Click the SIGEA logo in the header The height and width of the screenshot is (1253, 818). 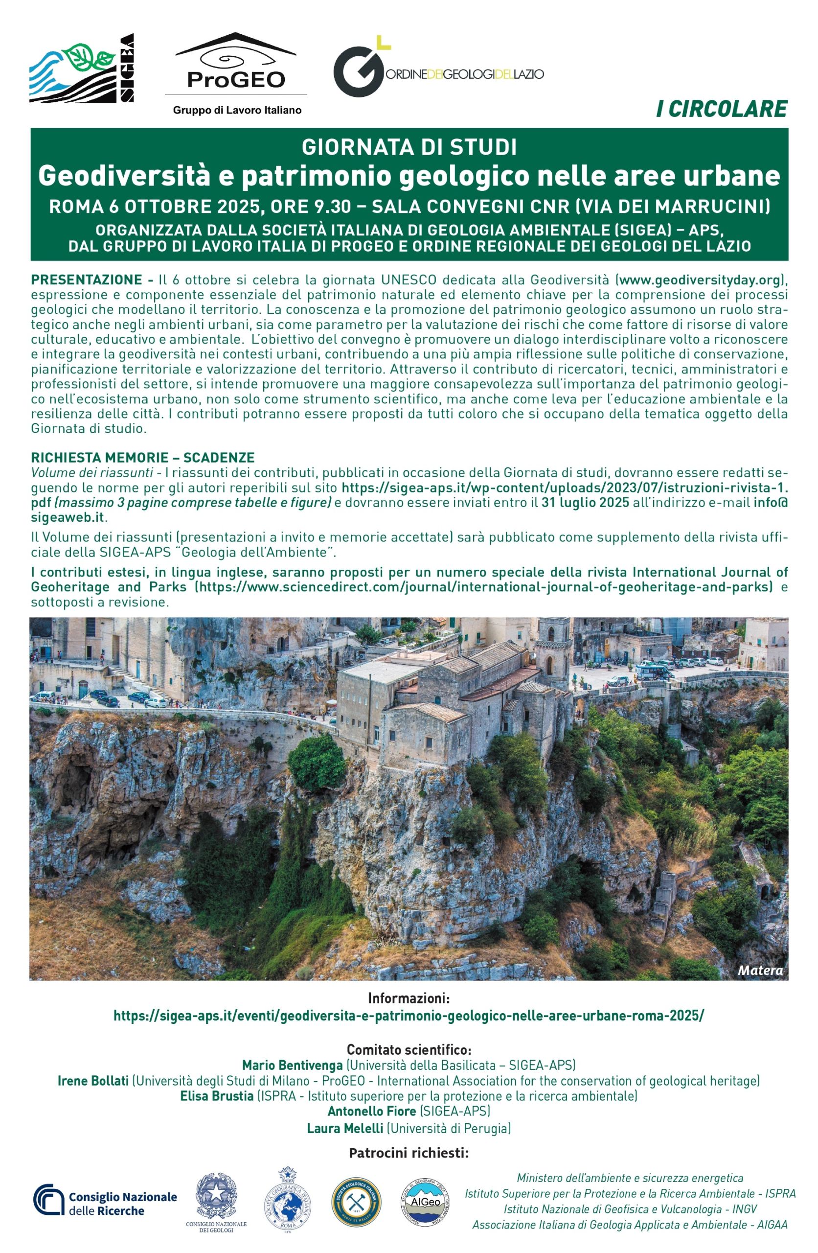coord(82,68)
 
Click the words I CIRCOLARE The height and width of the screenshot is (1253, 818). coord(721,109)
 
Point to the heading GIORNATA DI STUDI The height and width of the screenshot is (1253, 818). coord(409,147)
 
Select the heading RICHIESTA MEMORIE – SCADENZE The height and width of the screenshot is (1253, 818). coord(143,457)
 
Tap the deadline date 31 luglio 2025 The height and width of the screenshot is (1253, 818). coord(585,502)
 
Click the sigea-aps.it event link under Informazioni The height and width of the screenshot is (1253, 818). coord(409,1016)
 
